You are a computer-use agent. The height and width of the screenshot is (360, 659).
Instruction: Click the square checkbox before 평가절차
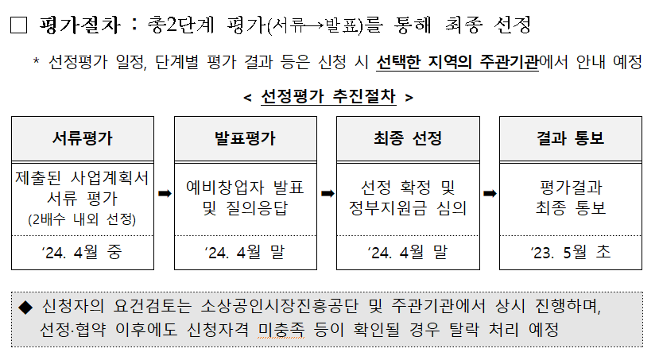(19, 25)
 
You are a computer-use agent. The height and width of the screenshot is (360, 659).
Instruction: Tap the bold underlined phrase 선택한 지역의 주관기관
(458, 63)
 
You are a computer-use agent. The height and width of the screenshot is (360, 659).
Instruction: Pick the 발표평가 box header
(245, 138)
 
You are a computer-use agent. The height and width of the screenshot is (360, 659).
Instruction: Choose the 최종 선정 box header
(408, 138)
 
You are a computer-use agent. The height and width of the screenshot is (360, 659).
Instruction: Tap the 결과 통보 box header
(570, 138)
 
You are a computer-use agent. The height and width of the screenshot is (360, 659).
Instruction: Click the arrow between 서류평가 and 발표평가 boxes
(165, 193)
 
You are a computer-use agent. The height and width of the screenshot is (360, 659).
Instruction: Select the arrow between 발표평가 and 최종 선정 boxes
(327, 193)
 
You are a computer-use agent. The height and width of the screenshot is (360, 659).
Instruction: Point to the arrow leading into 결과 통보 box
(490, 193)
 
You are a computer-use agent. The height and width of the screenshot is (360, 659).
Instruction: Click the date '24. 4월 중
(82, 253)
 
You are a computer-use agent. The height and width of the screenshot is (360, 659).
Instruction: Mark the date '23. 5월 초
(570, 253)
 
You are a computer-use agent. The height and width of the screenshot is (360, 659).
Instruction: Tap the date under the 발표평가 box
(245, 253)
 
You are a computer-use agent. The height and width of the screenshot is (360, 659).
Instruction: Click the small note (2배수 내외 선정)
(81, 219)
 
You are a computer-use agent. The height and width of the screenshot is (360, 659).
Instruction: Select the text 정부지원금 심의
(408, 208)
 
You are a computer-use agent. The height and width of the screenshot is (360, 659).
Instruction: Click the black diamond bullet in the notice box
(25, 307)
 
